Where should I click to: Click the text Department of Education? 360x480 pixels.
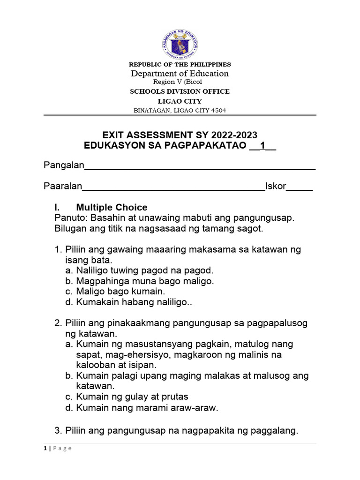180,73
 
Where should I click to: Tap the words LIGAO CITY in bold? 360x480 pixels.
180,101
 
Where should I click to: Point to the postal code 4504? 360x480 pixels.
217,111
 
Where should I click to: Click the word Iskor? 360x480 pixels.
276,186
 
